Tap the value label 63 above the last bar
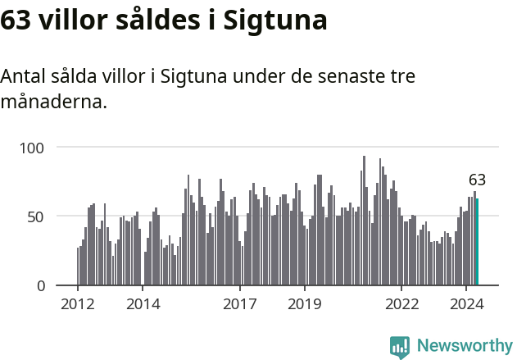pos(477,180)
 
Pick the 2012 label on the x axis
pos(78,303)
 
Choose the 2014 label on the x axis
pos(143,303)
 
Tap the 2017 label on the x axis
pos(240,303)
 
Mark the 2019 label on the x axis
pos(305,303)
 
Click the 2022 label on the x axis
pos(402,303)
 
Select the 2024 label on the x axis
pos(467,303)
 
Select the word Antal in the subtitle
pos(24,77)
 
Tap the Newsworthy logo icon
pos(400,347)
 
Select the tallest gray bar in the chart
pos(364,221)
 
